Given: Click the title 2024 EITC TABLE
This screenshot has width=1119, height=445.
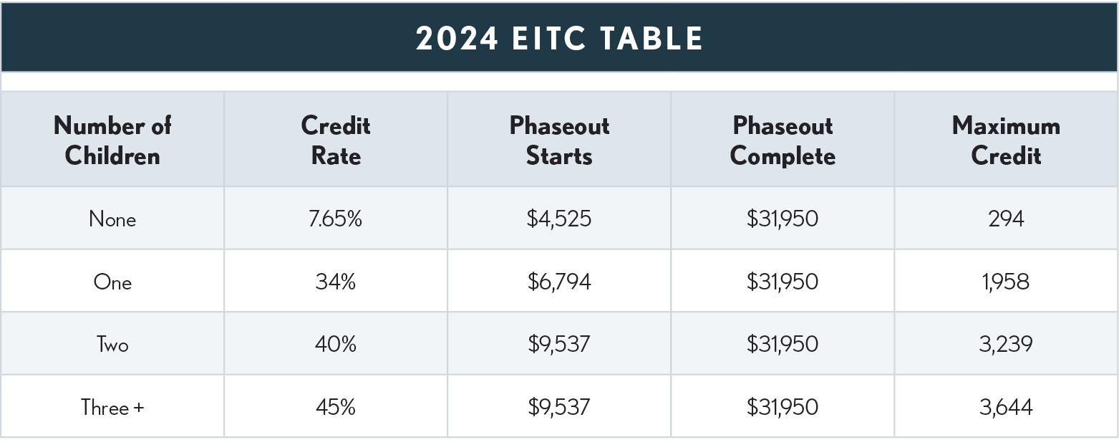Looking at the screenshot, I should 559,38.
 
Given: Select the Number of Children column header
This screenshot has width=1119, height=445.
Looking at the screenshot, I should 112,140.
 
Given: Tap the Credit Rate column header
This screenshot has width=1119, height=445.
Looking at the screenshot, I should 335,140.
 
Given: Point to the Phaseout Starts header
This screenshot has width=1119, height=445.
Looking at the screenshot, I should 559,140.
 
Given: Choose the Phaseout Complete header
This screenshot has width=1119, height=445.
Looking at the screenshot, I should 783,140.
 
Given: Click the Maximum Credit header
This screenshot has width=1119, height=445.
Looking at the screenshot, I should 1006,140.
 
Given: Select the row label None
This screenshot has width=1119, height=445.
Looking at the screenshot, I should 112,219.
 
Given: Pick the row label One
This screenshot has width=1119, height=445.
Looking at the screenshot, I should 112,282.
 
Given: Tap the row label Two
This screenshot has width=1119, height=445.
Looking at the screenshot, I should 112,345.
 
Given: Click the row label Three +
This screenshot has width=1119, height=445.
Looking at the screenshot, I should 112,407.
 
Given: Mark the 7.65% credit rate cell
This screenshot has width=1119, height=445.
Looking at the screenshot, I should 335,219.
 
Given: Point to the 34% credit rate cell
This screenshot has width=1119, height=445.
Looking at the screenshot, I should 335,282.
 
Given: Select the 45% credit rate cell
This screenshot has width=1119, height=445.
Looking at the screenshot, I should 335,407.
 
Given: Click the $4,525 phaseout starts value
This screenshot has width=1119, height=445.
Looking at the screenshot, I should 559,219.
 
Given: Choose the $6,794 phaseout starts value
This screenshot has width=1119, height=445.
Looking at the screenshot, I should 559,282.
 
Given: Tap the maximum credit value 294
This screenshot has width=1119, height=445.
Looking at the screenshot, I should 1006,219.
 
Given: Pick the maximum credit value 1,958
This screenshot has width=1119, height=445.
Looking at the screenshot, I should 1006,282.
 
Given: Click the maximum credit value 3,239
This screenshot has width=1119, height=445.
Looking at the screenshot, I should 1006,345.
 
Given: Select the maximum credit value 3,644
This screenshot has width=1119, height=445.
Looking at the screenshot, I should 1006,407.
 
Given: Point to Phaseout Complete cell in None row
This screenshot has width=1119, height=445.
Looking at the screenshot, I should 783,219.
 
